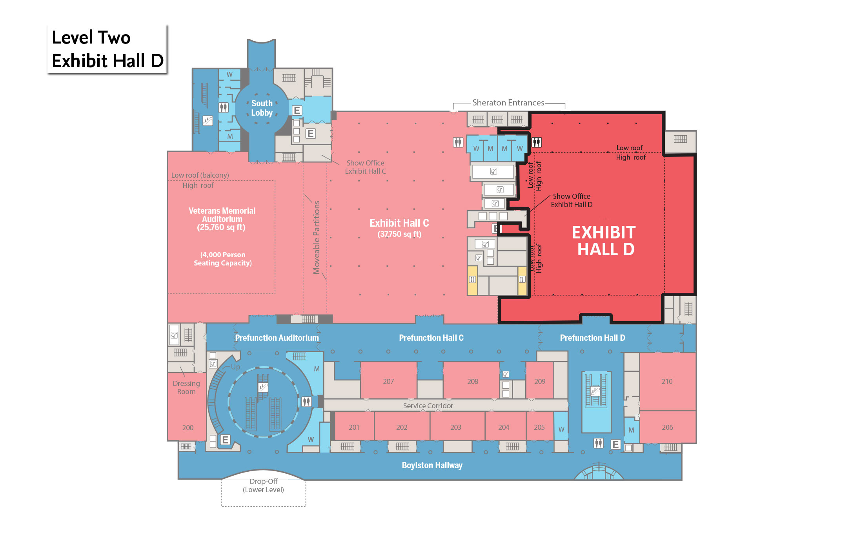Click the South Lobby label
262,108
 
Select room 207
388,381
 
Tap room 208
472,381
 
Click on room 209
540,381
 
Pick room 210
667,381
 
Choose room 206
667,427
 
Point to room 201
354,427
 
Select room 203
455,427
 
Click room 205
539,427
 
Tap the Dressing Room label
186,387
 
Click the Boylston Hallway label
432,465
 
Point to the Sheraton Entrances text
508,103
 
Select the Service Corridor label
428,405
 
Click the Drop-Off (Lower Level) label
264,485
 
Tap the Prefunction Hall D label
592,338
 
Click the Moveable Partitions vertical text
316,237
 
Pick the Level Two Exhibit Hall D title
107,49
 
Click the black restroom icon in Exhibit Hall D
537,142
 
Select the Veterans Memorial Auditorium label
222,219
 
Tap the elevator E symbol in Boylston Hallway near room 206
616,444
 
